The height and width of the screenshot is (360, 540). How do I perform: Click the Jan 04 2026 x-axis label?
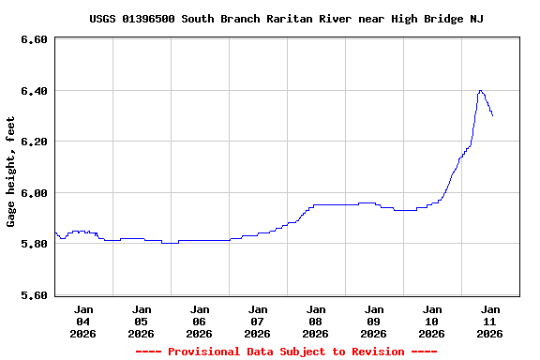(x=83, y=321)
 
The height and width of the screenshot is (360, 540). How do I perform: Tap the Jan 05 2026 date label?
(x=142, y=321)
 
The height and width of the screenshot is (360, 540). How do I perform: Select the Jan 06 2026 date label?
(x=200, y=321)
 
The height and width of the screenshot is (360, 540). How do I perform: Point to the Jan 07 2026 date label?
(x=258, y=321)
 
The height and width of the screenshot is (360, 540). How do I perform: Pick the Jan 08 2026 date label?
(x=316, y=321)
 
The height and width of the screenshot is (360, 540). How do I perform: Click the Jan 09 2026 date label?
(x=374, y=321)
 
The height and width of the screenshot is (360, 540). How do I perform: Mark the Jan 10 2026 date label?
(x=432, y=321)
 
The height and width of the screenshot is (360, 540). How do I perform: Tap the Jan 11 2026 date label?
(x=490, y=321)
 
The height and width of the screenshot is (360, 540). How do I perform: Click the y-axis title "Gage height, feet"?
(x=11, y=172)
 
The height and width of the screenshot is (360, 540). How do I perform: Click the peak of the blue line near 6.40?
(x=480, y=91)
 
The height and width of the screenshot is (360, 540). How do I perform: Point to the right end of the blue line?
(x=492, y=114)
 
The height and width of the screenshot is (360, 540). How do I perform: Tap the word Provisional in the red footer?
(x=203, y=352)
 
